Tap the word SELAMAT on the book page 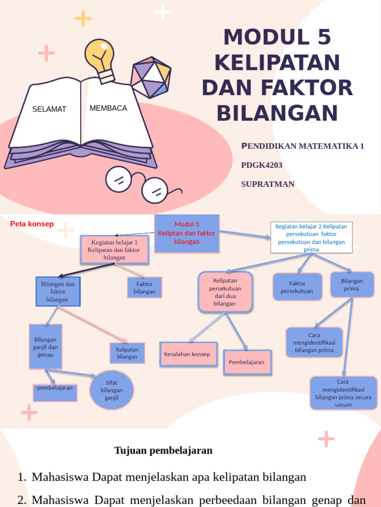49,109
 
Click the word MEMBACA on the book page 108,108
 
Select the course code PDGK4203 261,165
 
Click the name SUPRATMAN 267,184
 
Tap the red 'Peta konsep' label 32,224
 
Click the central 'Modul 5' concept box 187,233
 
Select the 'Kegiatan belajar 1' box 115,250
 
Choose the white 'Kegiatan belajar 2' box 311,237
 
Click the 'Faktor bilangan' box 144,288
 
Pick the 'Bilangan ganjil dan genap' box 46,347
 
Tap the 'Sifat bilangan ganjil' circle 112,390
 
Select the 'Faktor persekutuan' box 297,287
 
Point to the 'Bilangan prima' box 352,284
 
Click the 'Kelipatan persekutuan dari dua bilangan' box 225,292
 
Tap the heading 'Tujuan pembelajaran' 163,451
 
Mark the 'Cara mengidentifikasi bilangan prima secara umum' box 343,393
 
